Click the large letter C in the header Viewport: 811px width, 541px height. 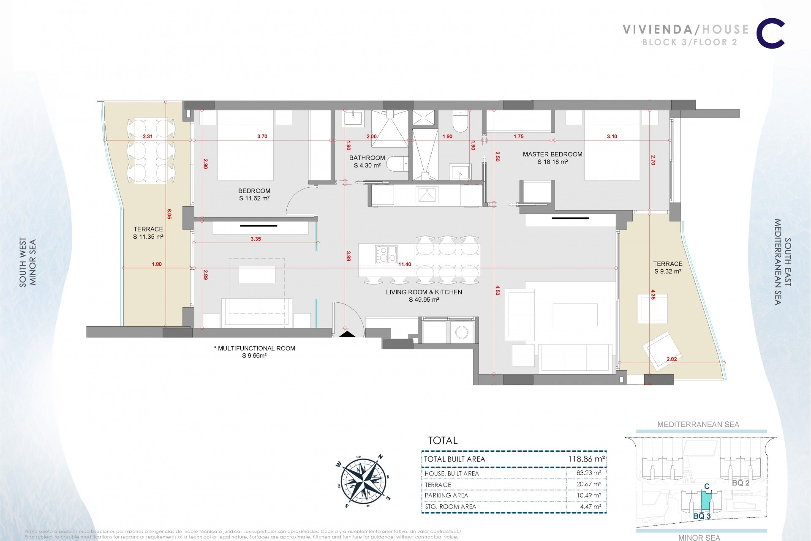tap(770, 35)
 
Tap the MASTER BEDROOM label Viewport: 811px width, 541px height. tap(552, 154)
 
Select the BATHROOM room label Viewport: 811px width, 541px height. tap(367, 158)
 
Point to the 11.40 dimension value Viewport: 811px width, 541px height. tap(404, 265)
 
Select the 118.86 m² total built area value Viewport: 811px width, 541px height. tap(584, 459)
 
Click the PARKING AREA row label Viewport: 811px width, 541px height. tap(446, 495)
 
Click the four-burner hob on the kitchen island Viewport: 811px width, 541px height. tap(386, 254)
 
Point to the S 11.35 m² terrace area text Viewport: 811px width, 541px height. tap(148, 237)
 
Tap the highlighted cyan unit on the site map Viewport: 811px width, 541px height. tap(706, 501)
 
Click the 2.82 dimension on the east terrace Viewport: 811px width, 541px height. tap(671, 359)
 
